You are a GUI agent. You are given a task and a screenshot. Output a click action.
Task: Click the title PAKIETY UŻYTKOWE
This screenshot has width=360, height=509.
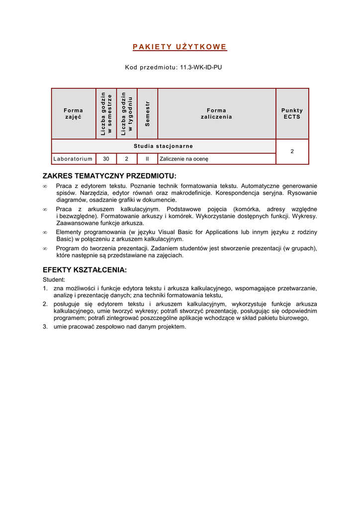(180, 47)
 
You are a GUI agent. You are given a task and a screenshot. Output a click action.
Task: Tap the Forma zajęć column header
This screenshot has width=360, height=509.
(74, 113)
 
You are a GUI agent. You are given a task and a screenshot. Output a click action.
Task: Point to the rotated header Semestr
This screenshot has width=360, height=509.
(147, 113)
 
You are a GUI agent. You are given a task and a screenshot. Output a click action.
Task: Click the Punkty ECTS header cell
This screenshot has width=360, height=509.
(292, 113)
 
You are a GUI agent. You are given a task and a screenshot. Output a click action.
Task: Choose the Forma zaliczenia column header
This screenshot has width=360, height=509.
(216, 113)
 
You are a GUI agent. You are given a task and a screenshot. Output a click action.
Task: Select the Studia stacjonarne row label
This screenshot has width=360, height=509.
(163, 146)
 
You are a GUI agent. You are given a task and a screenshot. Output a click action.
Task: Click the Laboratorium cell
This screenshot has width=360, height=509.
(73, 159)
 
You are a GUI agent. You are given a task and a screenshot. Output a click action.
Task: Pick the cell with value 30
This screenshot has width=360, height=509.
(106, 159)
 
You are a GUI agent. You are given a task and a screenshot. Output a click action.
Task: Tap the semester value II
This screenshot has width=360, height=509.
(147, 159)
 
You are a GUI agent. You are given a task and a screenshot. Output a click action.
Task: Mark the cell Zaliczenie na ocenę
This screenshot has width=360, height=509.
(184, 159)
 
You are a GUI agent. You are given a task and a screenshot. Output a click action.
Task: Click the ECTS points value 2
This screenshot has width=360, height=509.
(292, 151)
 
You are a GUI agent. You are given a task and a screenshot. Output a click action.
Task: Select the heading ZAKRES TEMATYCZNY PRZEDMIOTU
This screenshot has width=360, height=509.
(109, 176)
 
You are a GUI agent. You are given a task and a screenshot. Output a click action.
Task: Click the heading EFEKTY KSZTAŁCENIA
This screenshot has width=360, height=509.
(85, 270)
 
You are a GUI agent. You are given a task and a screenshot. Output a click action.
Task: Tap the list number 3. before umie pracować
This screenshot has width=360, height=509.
(45, 327)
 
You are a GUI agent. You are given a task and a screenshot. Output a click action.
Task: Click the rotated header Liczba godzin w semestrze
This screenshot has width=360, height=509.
(106, 113)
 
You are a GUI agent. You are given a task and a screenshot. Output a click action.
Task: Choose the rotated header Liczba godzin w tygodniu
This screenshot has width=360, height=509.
(127, 113)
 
